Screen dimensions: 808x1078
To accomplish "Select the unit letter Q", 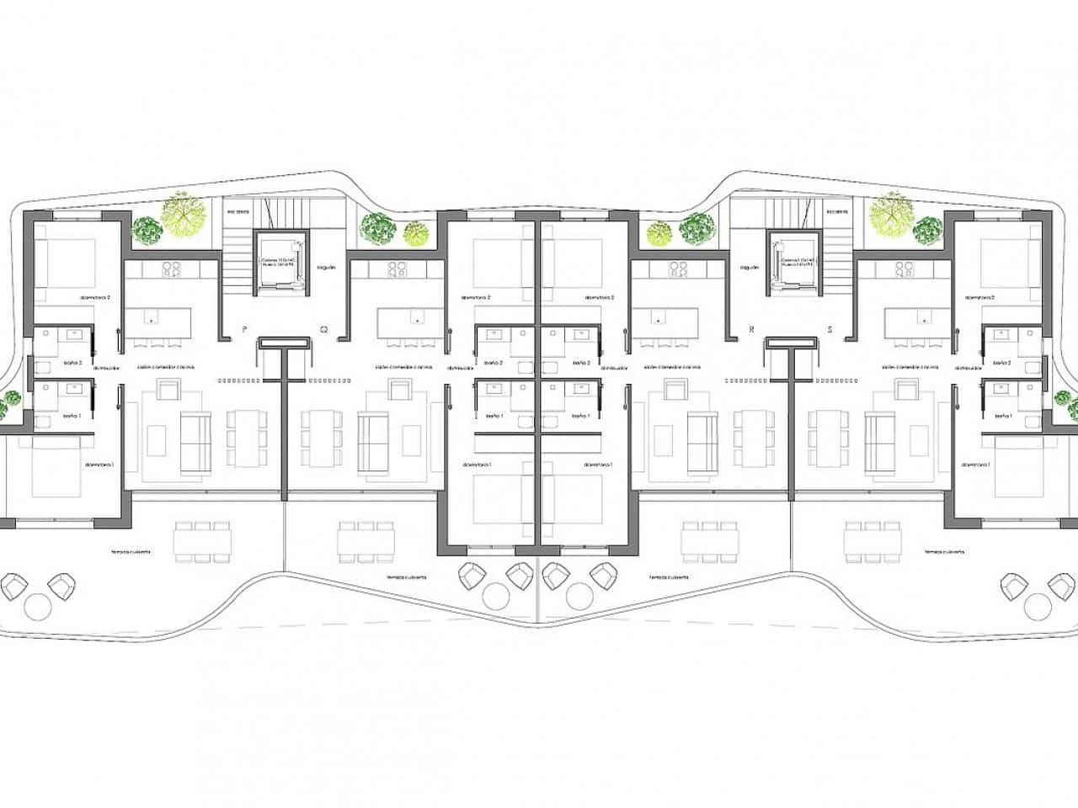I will coord(323,330).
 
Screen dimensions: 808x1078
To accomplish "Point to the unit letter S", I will coord(830,330).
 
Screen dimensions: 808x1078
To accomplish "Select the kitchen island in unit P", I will coord(158,321).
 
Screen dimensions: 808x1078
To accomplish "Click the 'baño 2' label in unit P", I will coord(72,364).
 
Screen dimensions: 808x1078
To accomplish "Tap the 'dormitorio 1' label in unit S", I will coord(977,465).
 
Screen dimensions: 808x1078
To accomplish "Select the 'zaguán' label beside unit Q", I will coord(326,267).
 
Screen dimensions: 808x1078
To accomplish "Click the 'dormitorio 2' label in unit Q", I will coord(476,298).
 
